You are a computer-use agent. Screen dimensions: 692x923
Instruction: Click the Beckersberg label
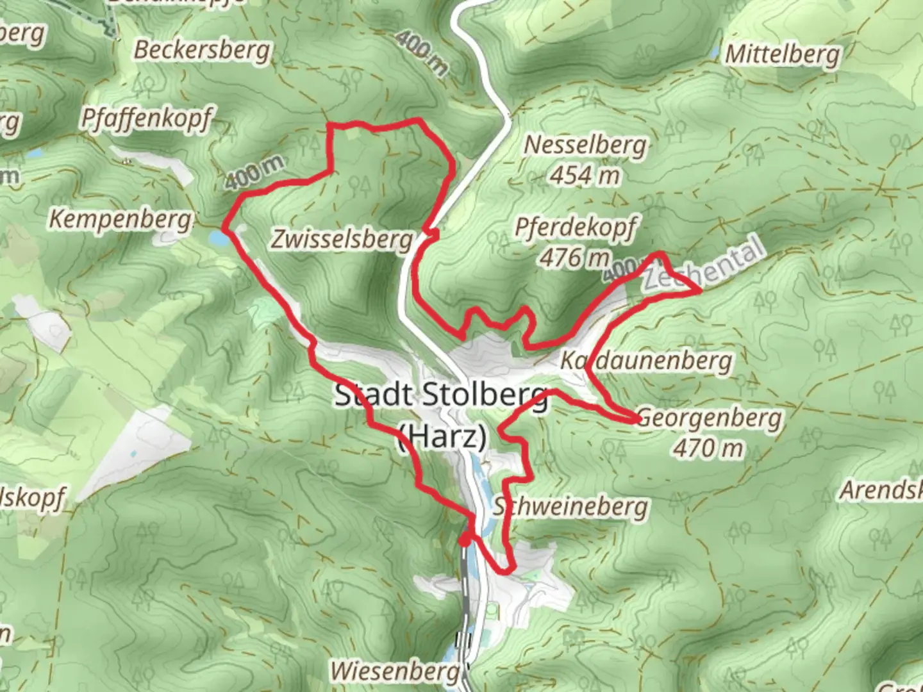coord(202,50)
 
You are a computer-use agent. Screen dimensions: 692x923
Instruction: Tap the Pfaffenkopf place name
coord(146,119)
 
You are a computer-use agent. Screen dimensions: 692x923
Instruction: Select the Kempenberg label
coord(121,219)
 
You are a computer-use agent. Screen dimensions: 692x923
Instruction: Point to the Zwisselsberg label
coord(342,239)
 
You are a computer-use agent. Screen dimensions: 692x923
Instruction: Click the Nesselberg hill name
coord(585,145)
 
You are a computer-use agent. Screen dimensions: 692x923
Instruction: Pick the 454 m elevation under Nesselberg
coord(585,175)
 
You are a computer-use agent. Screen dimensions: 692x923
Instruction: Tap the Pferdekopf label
coord(576,227)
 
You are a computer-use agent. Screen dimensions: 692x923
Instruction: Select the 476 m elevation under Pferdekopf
coord(574,258)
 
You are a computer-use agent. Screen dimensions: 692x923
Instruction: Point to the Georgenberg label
coord(710,418)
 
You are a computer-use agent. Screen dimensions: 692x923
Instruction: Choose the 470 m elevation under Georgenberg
coord(708,448)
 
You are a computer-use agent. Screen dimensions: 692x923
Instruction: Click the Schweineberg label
coord(570,507)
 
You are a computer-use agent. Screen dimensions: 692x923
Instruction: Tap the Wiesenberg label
coord(395,671)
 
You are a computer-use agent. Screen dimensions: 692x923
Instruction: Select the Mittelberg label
coord(782,54)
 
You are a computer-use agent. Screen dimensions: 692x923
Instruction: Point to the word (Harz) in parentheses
coord(442,437)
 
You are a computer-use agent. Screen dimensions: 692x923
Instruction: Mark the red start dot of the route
coord(464,541)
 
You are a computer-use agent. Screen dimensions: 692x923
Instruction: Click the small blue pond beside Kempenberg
coord(218,238)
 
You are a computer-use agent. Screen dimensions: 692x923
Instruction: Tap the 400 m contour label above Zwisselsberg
coord(254,172)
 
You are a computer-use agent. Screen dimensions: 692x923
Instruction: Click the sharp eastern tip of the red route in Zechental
coord(700,292)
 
